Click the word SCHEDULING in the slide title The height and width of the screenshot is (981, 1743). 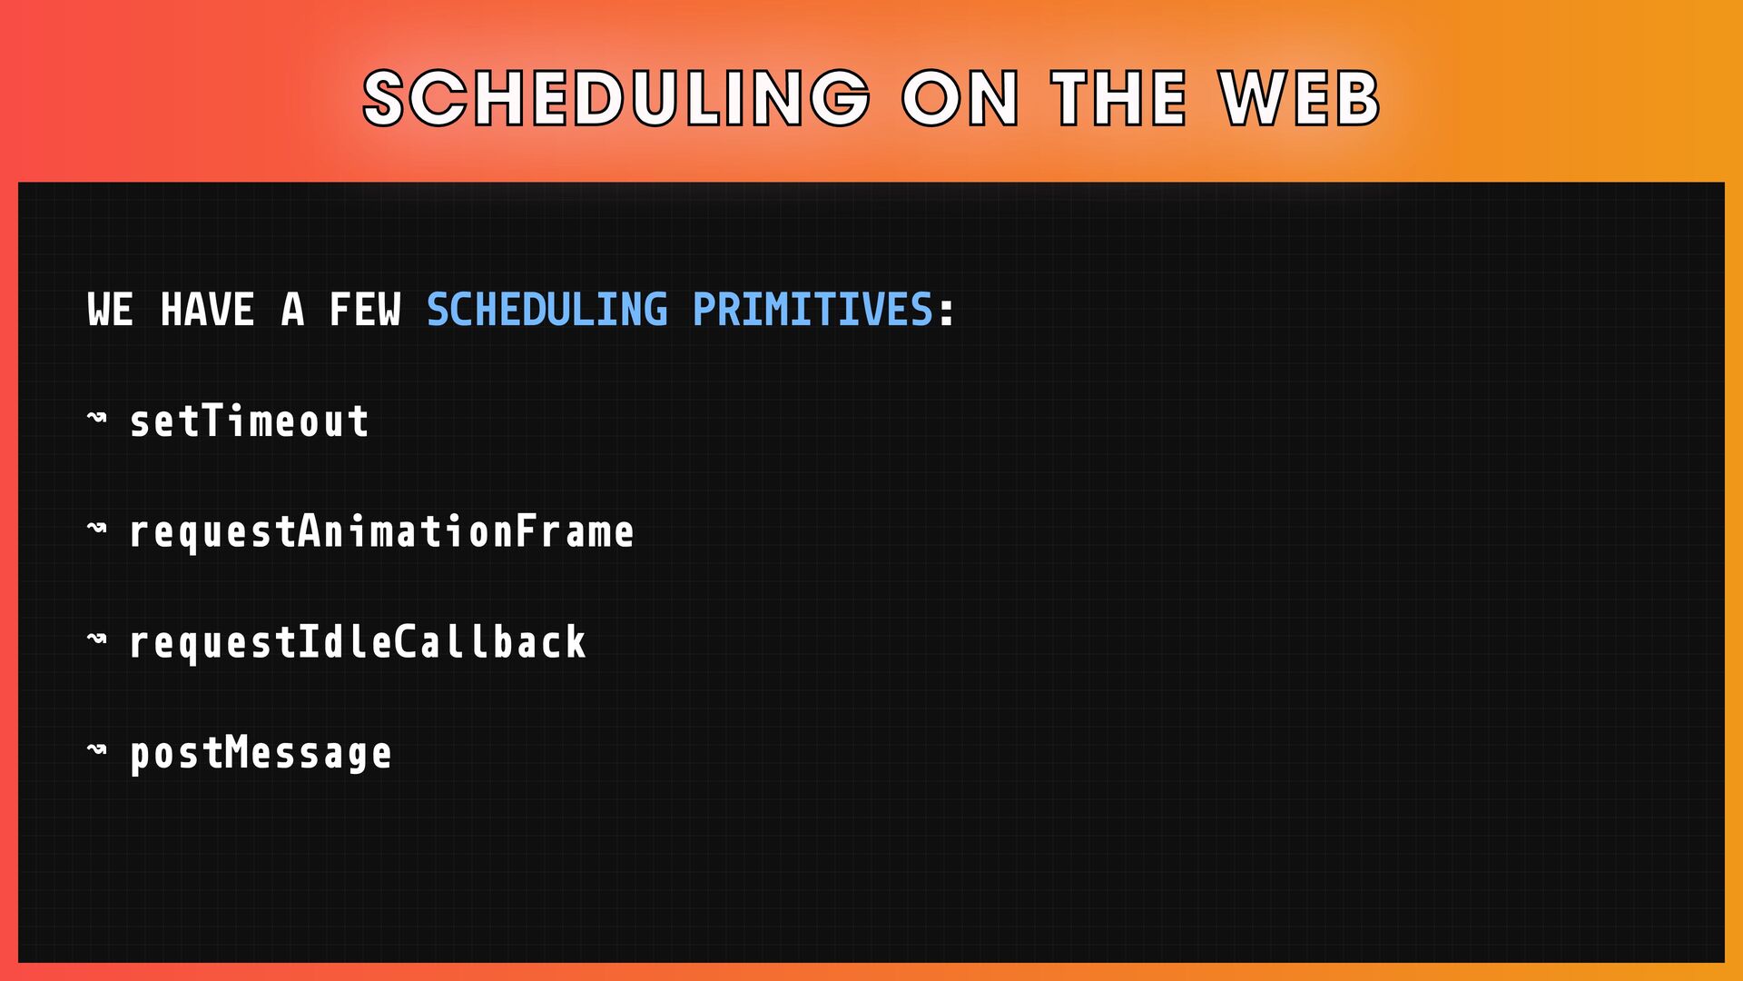[x=616, y=98]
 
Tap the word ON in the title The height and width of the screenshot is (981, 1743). [x=960, y=98]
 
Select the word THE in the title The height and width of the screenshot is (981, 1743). [x=1119, y=98]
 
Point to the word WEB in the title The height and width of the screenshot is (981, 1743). [x=1300, y=98]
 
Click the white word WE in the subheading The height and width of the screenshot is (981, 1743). [x=111, y=310]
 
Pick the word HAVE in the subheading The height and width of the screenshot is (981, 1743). [x=207, y=310]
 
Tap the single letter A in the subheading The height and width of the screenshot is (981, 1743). [x=292, y=310]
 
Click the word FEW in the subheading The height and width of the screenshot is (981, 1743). [x=365, y=310]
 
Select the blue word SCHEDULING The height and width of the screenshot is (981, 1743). [x=547, y=310]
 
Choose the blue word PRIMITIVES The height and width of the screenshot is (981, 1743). [x=813, y=310]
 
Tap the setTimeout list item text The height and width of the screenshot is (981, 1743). [x=250, y=421]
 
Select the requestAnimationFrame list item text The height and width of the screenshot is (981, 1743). [x=382, y=532]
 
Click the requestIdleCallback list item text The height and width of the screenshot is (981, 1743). [x=358, y=642]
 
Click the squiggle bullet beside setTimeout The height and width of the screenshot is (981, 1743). [x=97, y=418]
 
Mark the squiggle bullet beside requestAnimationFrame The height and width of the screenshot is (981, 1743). [x=97, y=529]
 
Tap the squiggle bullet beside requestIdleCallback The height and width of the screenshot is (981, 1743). [x=97, y=639]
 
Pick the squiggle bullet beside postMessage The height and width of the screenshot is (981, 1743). [x=97, y=750]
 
